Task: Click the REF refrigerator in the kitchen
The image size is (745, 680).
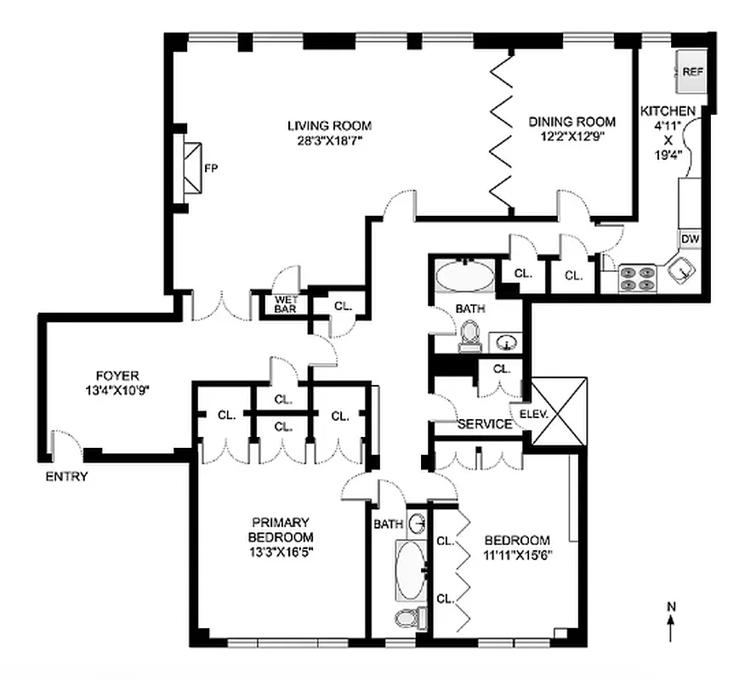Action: [692, 72]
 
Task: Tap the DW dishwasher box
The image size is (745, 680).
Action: [690, 240]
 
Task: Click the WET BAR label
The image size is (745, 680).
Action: [283, 304]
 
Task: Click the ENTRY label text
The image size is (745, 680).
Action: [67, 477]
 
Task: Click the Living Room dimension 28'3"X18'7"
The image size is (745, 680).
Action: [328, 141]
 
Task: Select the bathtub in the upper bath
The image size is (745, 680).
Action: [464, 277]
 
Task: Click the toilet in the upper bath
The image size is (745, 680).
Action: [469, 340]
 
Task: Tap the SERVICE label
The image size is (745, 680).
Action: [485, 424]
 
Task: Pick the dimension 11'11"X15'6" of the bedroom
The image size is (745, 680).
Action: [517, 555]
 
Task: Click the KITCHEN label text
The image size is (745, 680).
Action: [668, 110]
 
